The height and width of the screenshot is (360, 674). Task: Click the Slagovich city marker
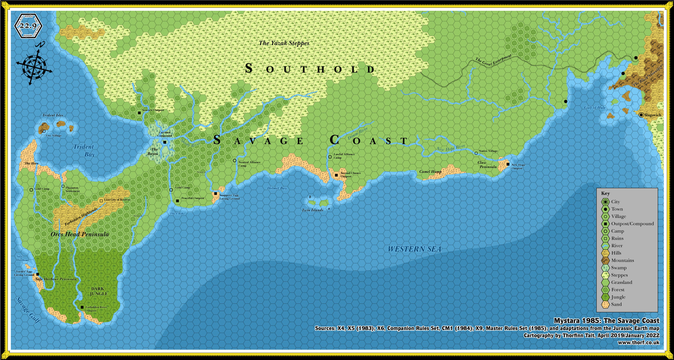pyautogui.click(x=641, y=115)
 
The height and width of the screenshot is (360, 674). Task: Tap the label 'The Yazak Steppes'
pyautogui.click(x=284, y=43)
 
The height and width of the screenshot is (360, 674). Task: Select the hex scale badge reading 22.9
pyautogui.click(x=28, y=26)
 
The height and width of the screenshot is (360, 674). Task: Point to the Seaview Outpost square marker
pyautogui.click(x=139, y=113)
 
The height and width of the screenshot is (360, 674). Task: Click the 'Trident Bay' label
pyautogui.click(x=84, y=151)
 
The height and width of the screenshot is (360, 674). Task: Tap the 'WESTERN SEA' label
pyautogui.click(x=414, y=249)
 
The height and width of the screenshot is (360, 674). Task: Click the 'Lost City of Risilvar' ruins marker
pyautogui.click(x=101, y=201)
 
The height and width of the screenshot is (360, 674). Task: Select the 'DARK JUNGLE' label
pyautogui.click(x=98, y=291)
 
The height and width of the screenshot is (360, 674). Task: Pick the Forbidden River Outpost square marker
pyautogui.click(x=82, y=307)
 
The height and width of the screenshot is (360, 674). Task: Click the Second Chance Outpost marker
pyautogui.click(x=336, y=175)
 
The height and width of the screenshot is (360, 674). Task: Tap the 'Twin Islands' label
pyautogui.click(x=312, y=210)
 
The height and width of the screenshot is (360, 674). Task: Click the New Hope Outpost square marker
pyautogui.click(x=508, y=164)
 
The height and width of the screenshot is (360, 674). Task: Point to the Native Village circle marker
pyautogui.click(x=476, y=153)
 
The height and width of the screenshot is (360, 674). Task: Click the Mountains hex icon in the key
pyautogui.click(x=606, y=260)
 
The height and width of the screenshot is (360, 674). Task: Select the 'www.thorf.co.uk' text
pyautogui.click(x=638, y=342)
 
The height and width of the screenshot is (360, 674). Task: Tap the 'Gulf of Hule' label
pyautogui.click(x=594, y=108)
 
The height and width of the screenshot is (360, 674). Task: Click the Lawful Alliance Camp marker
pyautogui.click(x=330, y=157)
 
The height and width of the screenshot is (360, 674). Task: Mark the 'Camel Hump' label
pyautogui.click(x=430, y=172)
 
